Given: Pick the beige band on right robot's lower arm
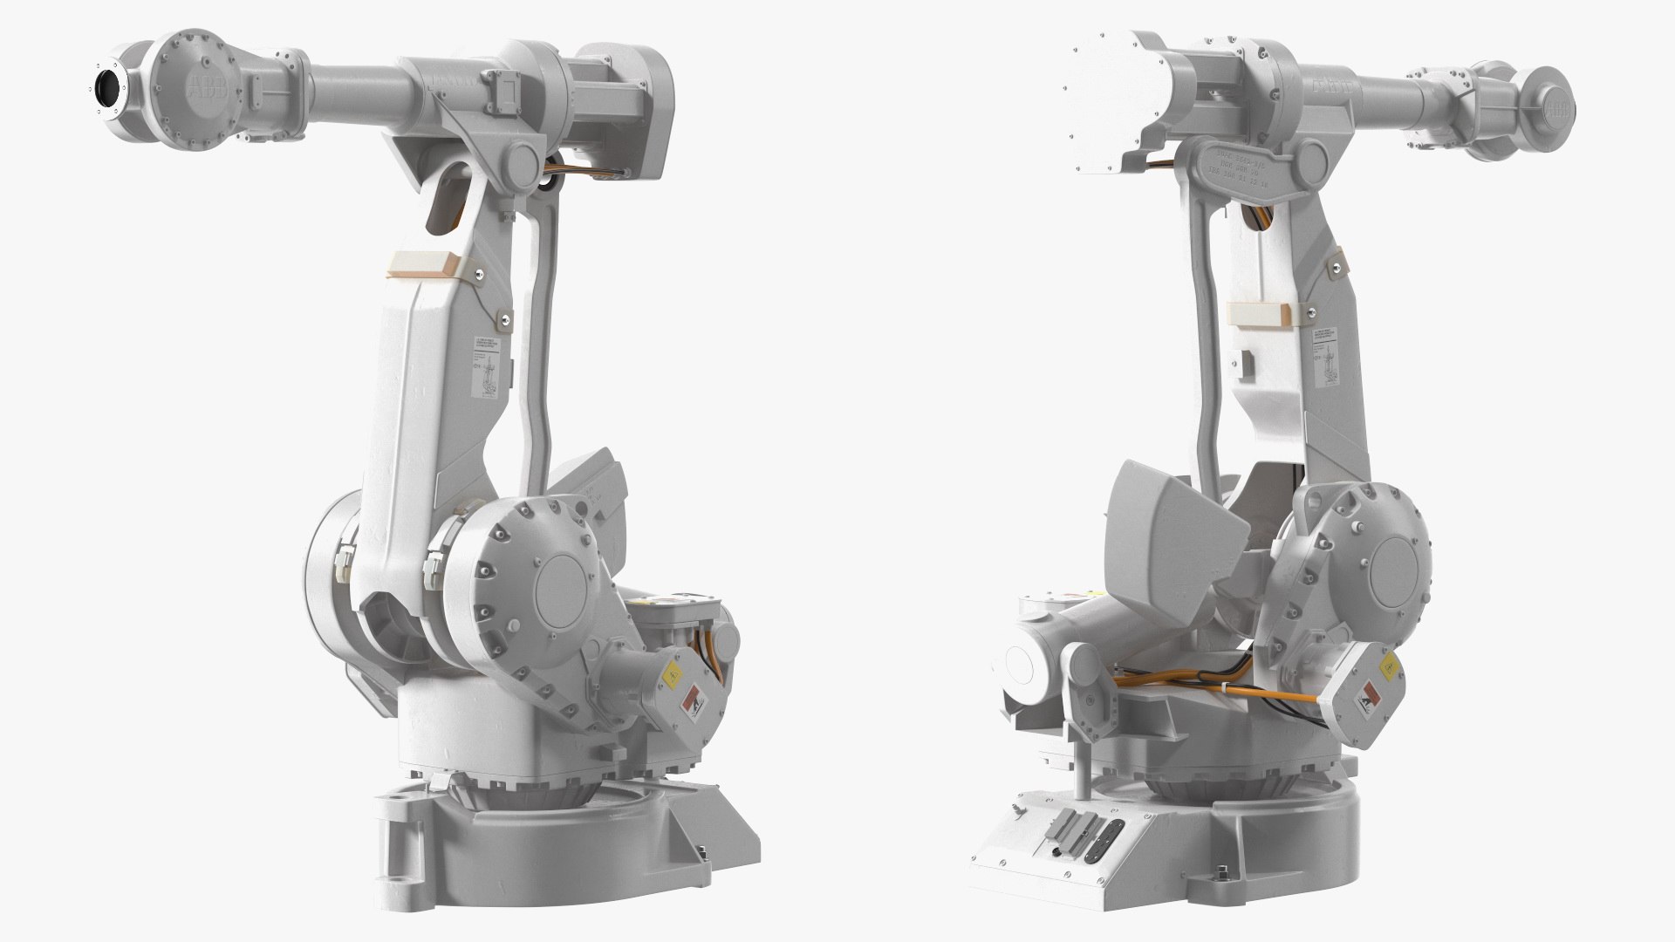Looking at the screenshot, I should point(1258,312).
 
